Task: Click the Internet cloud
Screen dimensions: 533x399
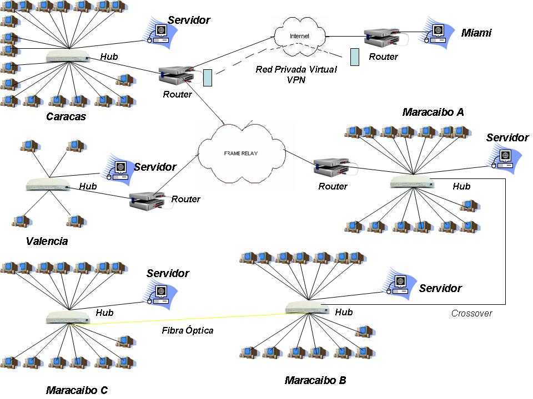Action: pos(299,37)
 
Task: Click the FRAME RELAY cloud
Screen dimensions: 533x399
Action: pos(242,154)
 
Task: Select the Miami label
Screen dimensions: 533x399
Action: pos(476,33)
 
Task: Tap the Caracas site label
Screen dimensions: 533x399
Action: pos(66,117)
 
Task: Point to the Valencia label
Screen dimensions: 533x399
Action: pos(47,241)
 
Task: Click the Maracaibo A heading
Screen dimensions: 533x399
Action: pos(433,112)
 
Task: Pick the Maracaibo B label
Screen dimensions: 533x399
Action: pos(315,380)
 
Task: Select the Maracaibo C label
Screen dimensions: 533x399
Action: pos(77,390)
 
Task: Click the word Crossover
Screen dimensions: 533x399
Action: pos(471,313)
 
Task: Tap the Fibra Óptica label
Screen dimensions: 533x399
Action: pos(188,330)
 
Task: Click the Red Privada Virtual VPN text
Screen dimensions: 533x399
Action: pos(296,75)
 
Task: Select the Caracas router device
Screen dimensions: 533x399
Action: pos(177,75)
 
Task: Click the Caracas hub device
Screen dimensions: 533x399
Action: pos(68,57)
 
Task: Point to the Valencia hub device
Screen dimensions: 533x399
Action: pos(48,184)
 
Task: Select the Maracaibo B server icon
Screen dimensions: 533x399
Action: pos(399,285)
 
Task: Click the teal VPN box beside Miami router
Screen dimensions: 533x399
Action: pos(355,57)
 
